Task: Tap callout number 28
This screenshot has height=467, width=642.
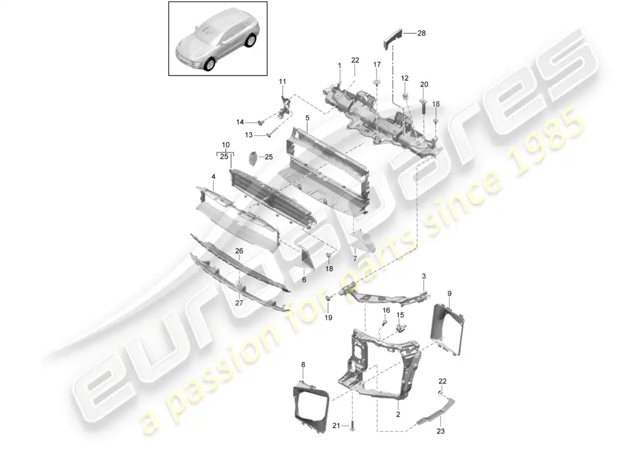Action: (421, 33)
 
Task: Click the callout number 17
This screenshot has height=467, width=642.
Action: (376, 64)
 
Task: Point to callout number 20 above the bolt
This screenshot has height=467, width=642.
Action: (424, 85)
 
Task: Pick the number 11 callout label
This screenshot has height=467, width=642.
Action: (283, 81)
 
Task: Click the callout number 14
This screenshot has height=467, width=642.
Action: (240, 122)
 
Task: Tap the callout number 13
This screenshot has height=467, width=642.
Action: (249, 135)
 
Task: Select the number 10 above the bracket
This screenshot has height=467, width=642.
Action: (226, 144)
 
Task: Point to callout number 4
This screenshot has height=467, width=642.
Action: (214, 176)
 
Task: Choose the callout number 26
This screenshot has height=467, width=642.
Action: (238, 251)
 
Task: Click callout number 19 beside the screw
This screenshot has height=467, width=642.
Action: (329, 318)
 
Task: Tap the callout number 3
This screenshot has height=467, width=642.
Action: (424, 275)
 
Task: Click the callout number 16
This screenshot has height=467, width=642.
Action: (386, 310)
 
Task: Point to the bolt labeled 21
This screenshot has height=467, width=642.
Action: (353, 426)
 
